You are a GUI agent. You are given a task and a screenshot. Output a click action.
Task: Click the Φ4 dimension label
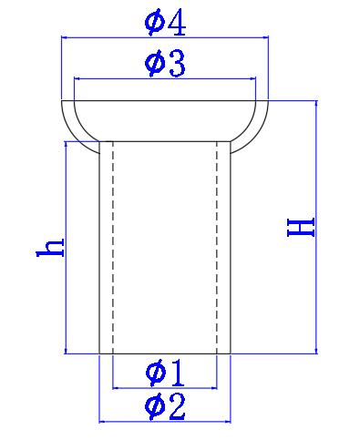[x=165, y=24]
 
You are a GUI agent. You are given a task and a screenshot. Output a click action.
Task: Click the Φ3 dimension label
[x=165, y=64]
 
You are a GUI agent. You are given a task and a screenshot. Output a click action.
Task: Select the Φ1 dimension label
[x=165, y=373]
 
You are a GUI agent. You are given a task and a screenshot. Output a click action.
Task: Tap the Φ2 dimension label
[x=165, y=407]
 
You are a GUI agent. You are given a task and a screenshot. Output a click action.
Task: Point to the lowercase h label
[x=50, y=248]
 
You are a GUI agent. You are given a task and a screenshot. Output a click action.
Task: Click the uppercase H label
[x=301, y=227]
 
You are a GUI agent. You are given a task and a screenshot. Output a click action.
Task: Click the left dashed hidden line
[x=113, y=248]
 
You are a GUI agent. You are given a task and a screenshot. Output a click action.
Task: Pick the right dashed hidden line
[x=217, y=248]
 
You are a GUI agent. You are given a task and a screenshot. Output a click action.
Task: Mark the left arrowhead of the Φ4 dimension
[x=65, y=37]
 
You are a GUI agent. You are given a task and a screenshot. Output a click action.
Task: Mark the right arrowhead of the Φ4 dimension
[x=265, y=37]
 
